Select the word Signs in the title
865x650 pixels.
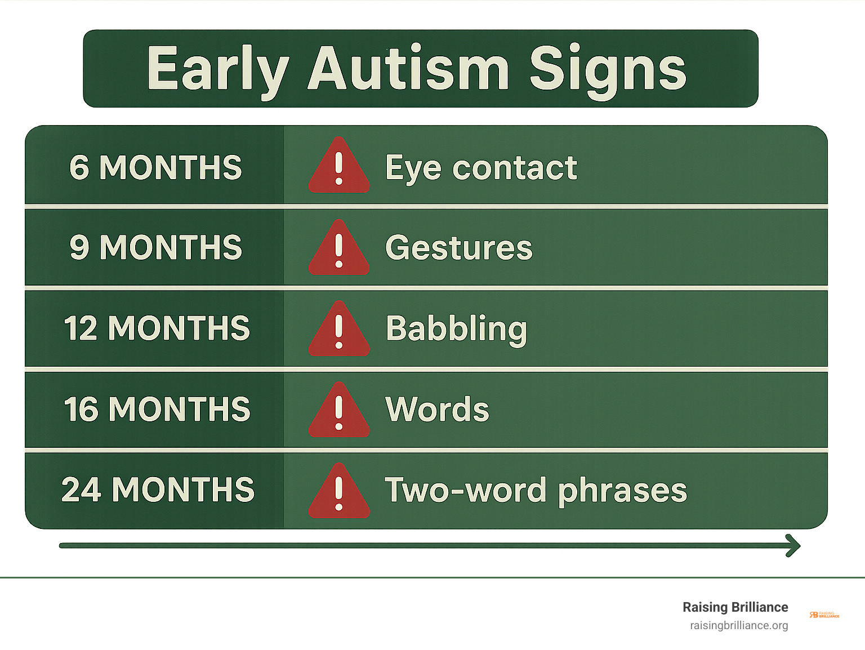coord(608,72)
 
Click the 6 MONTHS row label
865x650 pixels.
coord(155,167)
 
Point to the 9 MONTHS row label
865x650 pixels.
coord(155,247)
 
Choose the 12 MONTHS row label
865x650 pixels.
coord(157,328)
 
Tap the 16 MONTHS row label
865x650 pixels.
coord(157,409)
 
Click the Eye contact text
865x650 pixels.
coord(481,169)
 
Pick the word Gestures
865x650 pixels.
coord(459,248)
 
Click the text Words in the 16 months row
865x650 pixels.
coord(437,409)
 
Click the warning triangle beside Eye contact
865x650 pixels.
coord(339,166)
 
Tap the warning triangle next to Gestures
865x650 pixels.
coord(339,247)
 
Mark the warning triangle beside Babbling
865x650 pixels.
coord(339,329)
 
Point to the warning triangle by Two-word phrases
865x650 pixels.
coord(339,491)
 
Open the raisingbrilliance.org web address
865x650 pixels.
coord(739,626)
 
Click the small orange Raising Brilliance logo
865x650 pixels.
coord(824,615)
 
